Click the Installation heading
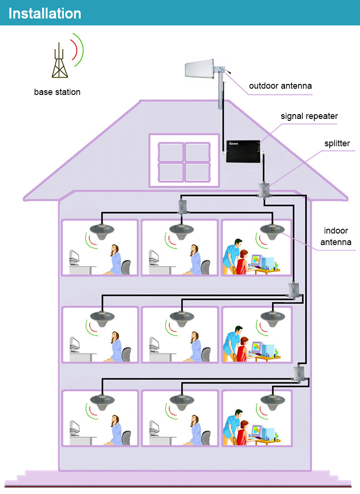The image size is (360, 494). [x=45, y=13]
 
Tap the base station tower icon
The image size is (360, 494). [x=60, y=61]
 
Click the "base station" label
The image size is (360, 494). [x=57, y=92]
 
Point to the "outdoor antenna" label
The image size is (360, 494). [x=280, y=86]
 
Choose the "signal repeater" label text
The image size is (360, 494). [x=309, y=116]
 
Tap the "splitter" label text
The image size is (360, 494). [x=336, y=143]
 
